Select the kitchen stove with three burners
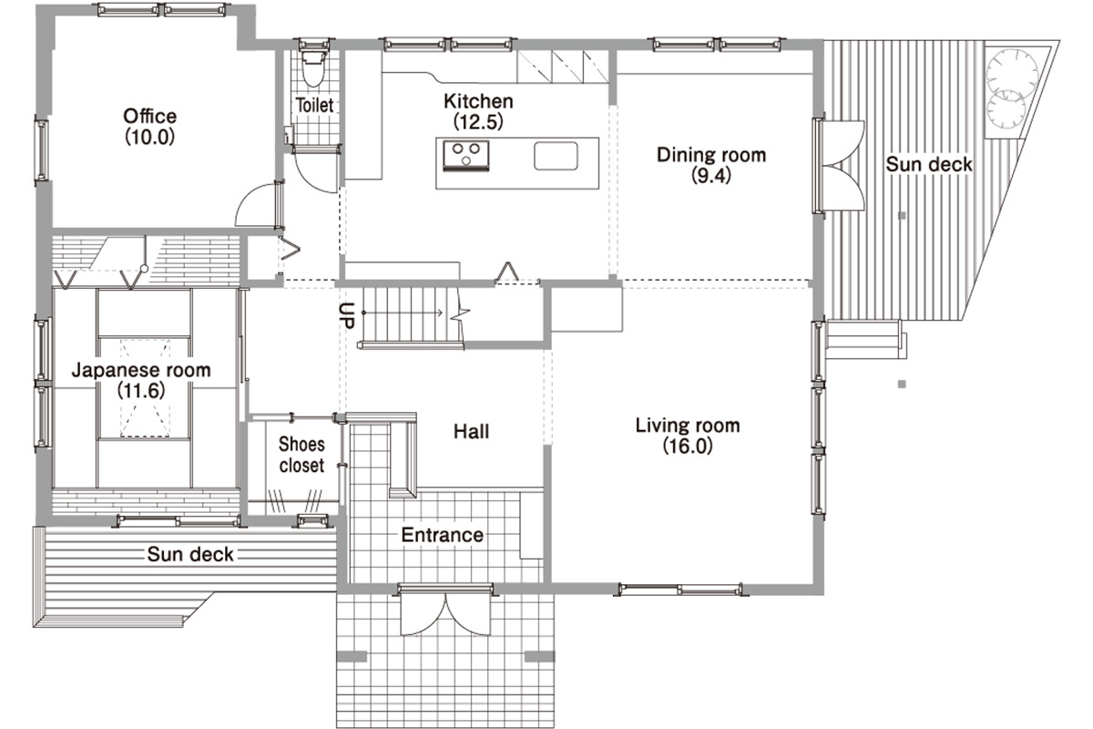pyautogui.click(x=465, y=156)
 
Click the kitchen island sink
pyautogui.click(x=556, y=156)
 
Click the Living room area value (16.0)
pyautogui.click(x=688, y=446)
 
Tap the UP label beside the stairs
pyautogui.click(x=346, y=315)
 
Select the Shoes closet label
pyautogui.click(x=301, y=455)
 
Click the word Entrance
pyautogui.click(x=442, y=535)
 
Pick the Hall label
pyautogui.click(x=472, y=432)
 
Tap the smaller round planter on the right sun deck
pyautogui.click(x=1006, y=110)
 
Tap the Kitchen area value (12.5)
pyautogui.click(x=478, y=121)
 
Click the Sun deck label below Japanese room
pyautogui.click(x=190, y=554)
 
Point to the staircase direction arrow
pyautogui.click(x=403, y=313)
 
